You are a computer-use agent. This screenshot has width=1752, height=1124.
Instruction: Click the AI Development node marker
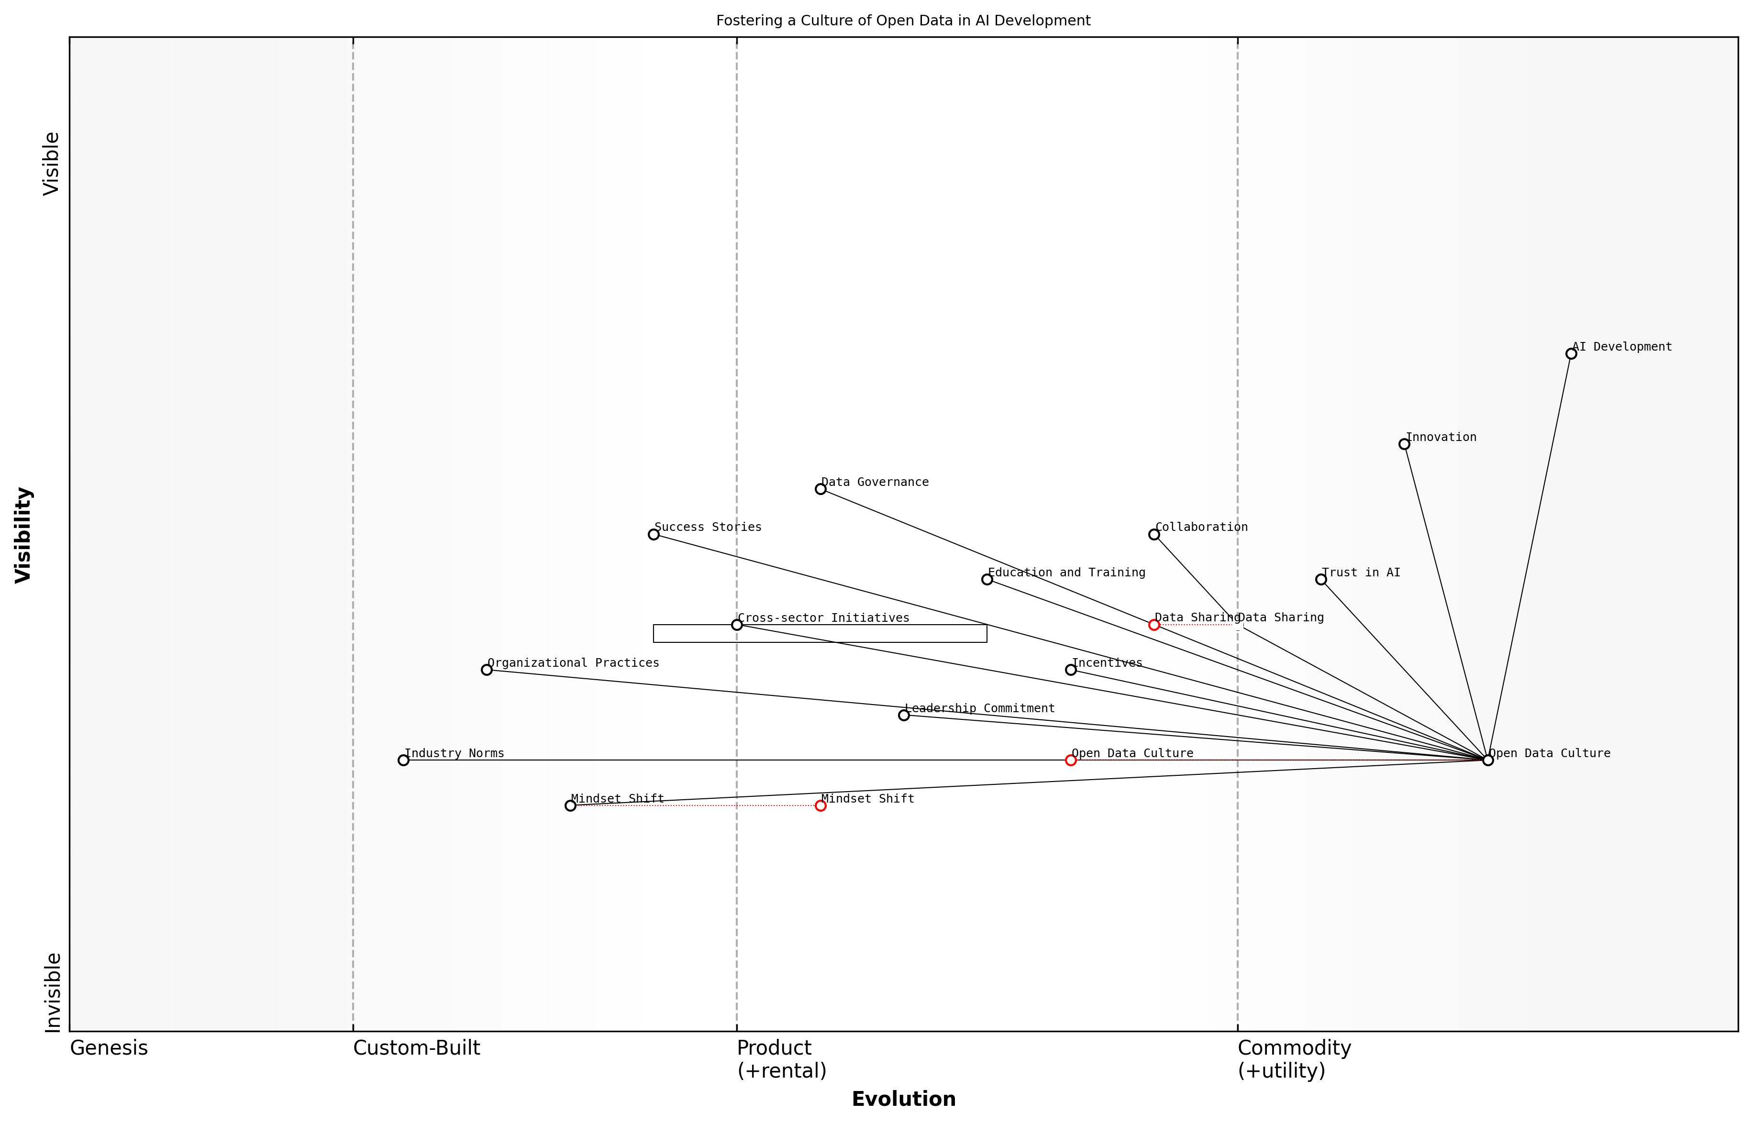click(1571, 354)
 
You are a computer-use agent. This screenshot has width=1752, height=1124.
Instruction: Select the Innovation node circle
click(1404, 444)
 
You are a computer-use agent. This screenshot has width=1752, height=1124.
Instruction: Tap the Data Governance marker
click(821, 489)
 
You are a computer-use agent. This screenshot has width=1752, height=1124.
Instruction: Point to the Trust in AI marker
click(1320, 580)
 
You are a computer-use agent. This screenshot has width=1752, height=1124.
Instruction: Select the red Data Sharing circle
click(1154, 625)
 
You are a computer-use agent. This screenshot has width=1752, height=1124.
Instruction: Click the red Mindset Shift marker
click(821, 806)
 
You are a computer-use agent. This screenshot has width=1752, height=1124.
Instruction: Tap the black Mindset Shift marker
click(570, 806)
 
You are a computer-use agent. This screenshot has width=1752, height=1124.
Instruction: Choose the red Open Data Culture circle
click(1071, 760)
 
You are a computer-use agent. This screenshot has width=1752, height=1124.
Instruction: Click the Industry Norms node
click(403, 760)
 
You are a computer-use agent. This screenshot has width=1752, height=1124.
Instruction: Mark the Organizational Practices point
click(487, 670)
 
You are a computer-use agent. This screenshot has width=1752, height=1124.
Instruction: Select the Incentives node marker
click(1071, 670)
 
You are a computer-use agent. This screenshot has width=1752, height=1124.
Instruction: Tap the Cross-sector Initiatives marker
click(737, 625)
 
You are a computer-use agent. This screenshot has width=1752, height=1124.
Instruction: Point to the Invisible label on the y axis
click(53, 992)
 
